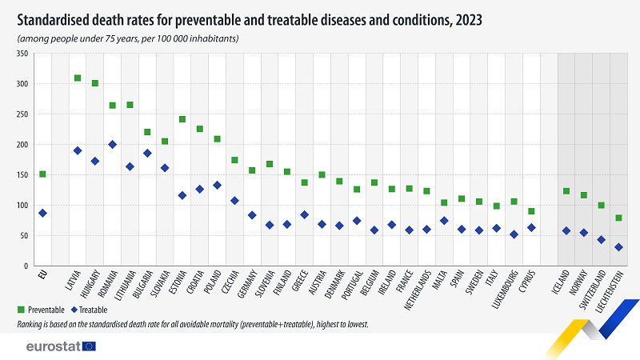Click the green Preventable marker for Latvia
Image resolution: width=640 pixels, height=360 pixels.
(78, 78)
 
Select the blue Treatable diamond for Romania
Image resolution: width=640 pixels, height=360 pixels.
(112, 145)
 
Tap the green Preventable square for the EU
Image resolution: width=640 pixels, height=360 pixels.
(42, 174)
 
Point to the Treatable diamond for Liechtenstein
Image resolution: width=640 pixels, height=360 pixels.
(618, 247)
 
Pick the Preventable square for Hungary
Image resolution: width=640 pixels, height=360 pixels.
(95, 83)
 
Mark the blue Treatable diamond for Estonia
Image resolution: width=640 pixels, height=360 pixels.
(182, 195)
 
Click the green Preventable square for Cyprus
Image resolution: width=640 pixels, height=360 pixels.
(531, 211)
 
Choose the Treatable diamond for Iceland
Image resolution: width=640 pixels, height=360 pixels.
(566, 230)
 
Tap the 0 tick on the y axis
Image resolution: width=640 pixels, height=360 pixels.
(26, 266)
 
